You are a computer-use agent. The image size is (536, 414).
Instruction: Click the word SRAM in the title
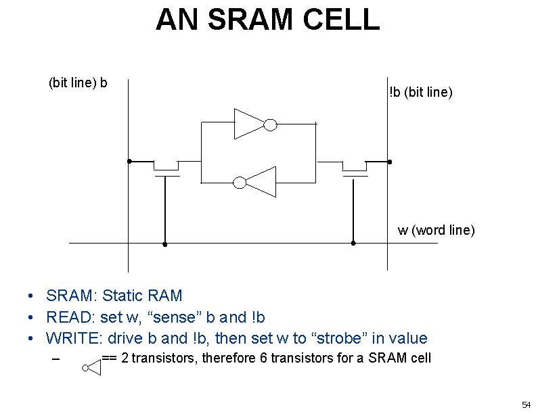(246, 20)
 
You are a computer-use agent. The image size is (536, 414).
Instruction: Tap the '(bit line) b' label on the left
(78, 83)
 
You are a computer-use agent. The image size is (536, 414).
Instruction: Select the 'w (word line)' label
(437, 230)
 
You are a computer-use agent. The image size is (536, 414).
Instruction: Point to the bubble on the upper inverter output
(269, 124)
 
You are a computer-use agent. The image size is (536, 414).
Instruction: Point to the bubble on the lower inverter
(239, 182)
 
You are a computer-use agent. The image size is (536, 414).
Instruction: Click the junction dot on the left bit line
(129, 162)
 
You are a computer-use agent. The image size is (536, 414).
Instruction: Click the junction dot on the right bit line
(388, 162)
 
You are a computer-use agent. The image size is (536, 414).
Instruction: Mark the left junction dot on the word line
(165, 244)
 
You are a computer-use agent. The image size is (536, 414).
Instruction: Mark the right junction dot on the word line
(353, 244)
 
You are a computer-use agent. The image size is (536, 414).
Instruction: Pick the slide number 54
(525, 405)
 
